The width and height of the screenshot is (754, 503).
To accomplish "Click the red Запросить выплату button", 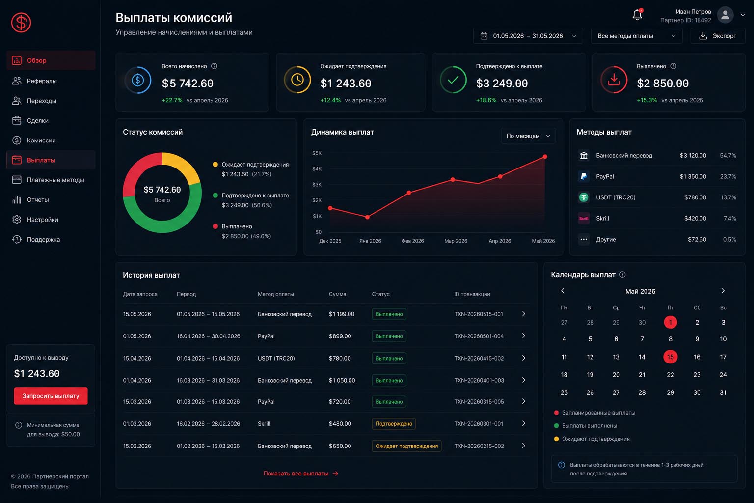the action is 51,396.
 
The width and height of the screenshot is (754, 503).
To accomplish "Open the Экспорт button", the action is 718,36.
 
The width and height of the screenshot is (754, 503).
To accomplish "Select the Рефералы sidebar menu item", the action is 42,81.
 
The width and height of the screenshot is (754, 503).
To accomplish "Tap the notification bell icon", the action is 637,14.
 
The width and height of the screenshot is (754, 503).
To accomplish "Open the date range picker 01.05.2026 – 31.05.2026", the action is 528,36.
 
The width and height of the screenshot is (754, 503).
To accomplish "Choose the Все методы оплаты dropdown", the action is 637,36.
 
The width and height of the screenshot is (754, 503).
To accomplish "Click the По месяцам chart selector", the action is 528,136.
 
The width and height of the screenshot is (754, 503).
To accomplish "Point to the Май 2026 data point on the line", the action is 545,157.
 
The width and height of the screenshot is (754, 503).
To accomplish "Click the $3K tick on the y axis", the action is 317,185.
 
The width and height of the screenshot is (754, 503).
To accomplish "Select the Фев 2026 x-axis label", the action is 412,241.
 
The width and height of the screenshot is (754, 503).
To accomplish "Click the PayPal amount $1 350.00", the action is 693,176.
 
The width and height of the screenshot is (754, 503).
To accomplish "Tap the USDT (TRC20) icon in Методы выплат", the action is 584,197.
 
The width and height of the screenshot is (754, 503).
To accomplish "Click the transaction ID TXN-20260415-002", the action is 479,358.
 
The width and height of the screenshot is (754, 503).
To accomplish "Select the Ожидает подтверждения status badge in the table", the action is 406,446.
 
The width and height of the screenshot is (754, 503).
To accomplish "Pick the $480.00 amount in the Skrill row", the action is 340,424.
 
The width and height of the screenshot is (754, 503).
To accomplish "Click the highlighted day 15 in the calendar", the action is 670,357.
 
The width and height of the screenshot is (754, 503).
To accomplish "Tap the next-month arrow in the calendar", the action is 723,291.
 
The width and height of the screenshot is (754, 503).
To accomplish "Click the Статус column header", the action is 381,294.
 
